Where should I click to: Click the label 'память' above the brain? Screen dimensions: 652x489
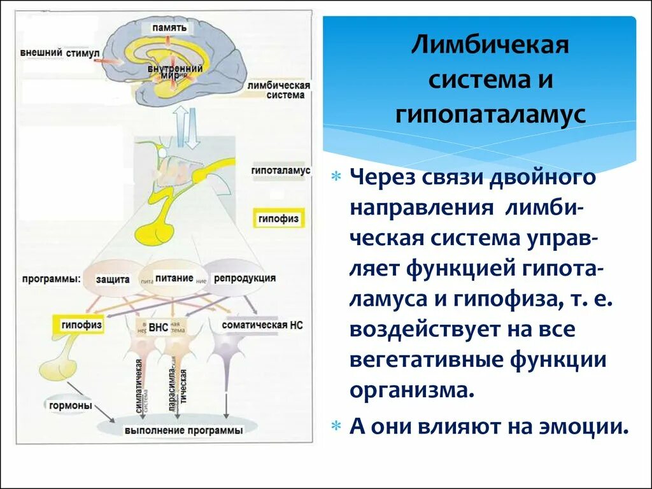click(169, 28)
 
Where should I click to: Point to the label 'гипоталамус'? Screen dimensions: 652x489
click(280, 171)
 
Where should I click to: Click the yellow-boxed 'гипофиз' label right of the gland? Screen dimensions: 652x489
click(278, 218)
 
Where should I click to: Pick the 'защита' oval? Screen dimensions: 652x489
click(113, 279)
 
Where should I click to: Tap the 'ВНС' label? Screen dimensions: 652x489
click(158, 327)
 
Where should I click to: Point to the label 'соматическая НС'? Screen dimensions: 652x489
click(262, 325)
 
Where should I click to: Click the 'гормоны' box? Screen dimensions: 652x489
click(70, 406)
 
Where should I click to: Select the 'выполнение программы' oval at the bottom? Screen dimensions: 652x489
click(183, 430)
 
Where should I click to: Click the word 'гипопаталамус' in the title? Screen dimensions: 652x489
click(490, 115)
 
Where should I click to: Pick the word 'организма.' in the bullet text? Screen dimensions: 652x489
click(413, 388)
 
